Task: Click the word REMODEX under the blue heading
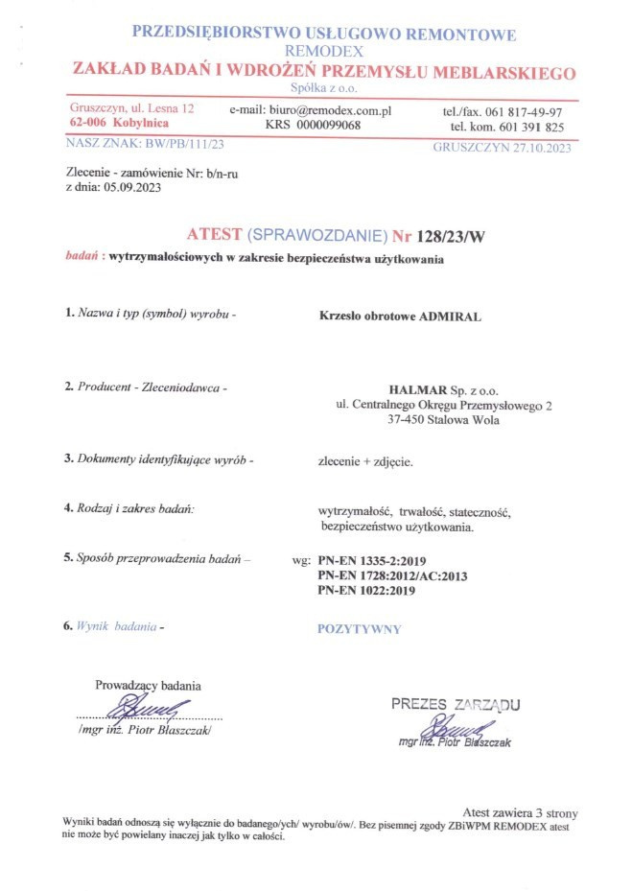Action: click(323, 52)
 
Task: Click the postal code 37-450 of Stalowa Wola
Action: click(407, 419)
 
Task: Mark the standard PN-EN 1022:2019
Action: click(367, 590)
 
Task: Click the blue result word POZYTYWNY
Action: click(359, 629)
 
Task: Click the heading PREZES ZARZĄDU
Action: click(455, 705)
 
